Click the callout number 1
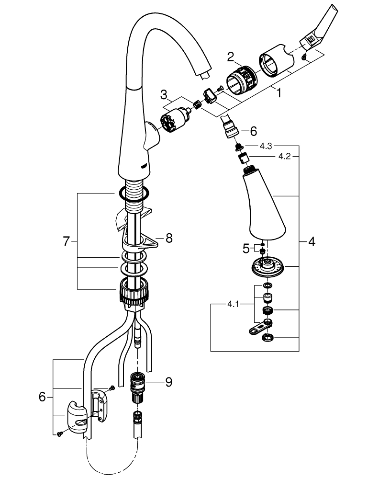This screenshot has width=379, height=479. pyautogui.click(x=279, y=92)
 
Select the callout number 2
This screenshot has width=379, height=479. pyautogui.click(x=231, y=57)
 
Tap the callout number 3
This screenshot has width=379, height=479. pyautogui.click(x=164, y=95)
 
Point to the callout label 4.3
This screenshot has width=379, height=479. pyautogui.click(x=266, y=146)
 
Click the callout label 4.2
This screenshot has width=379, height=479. pyautogui.click(x=284, y=157)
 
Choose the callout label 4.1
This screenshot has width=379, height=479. pyautogui.click(x=233, y=304)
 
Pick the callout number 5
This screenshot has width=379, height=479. pyautogui.click(x=246, y=249)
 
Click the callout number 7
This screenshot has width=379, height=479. pyautogui.click(x=67, y=241)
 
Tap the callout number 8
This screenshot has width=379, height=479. pyautogui.click(x=169, y=238)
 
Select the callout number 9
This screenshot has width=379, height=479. pyautogui.click(x=169, y=382)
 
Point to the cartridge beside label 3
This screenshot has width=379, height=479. pyautogui.click(x=174, y=120)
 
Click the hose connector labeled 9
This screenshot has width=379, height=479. pyautogui.click(x=137, y=388)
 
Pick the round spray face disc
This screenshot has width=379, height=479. pyautogui.click(x=268, y=267)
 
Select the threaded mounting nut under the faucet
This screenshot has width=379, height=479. pyautogui.click(x=134, y=292)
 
